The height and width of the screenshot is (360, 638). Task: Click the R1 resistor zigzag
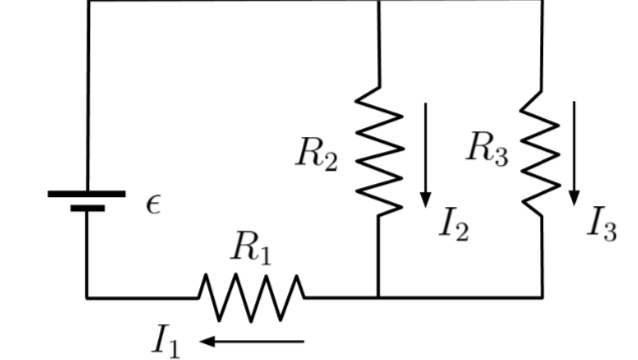tap(251, 297)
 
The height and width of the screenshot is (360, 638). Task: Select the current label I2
tap(453, 225)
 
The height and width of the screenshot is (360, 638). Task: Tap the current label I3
tap(601, 225)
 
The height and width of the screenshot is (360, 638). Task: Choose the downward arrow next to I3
tap(575, 150)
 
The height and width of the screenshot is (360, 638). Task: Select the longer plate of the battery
tap(87, 193)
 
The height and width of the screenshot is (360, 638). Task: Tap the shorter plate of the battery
tap(88, 209)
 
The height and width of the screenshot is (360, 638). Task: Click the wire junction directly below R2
tap(379, 297)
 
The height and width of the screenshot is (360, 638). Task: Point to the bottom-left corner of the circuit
tap(88, 297)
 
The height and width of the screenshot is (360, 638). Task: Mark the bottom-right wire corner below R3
tap(542, 297)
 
